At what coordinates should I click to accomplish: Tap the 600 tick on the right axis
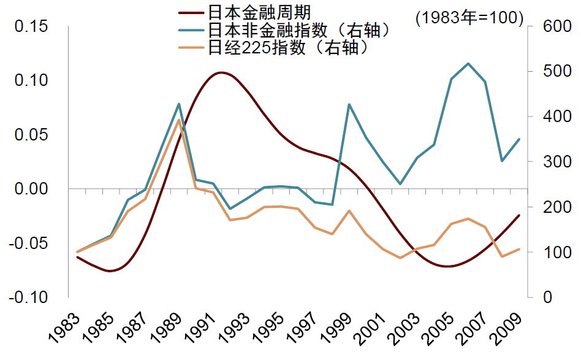point(547,26)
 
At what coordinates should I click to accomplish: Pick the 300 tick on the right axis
point(547,162)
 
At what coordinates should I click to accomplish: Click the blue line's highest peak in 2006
point(468,63)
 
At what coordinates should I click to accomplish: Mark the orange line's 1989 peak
point(179,120)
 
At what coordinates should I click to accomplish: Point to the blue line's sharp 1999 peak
point(349,104)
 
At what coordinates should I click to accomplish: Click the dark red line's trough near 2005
point(449,266)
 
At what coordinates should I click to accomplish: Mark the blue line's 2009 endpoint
point(519,139)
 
